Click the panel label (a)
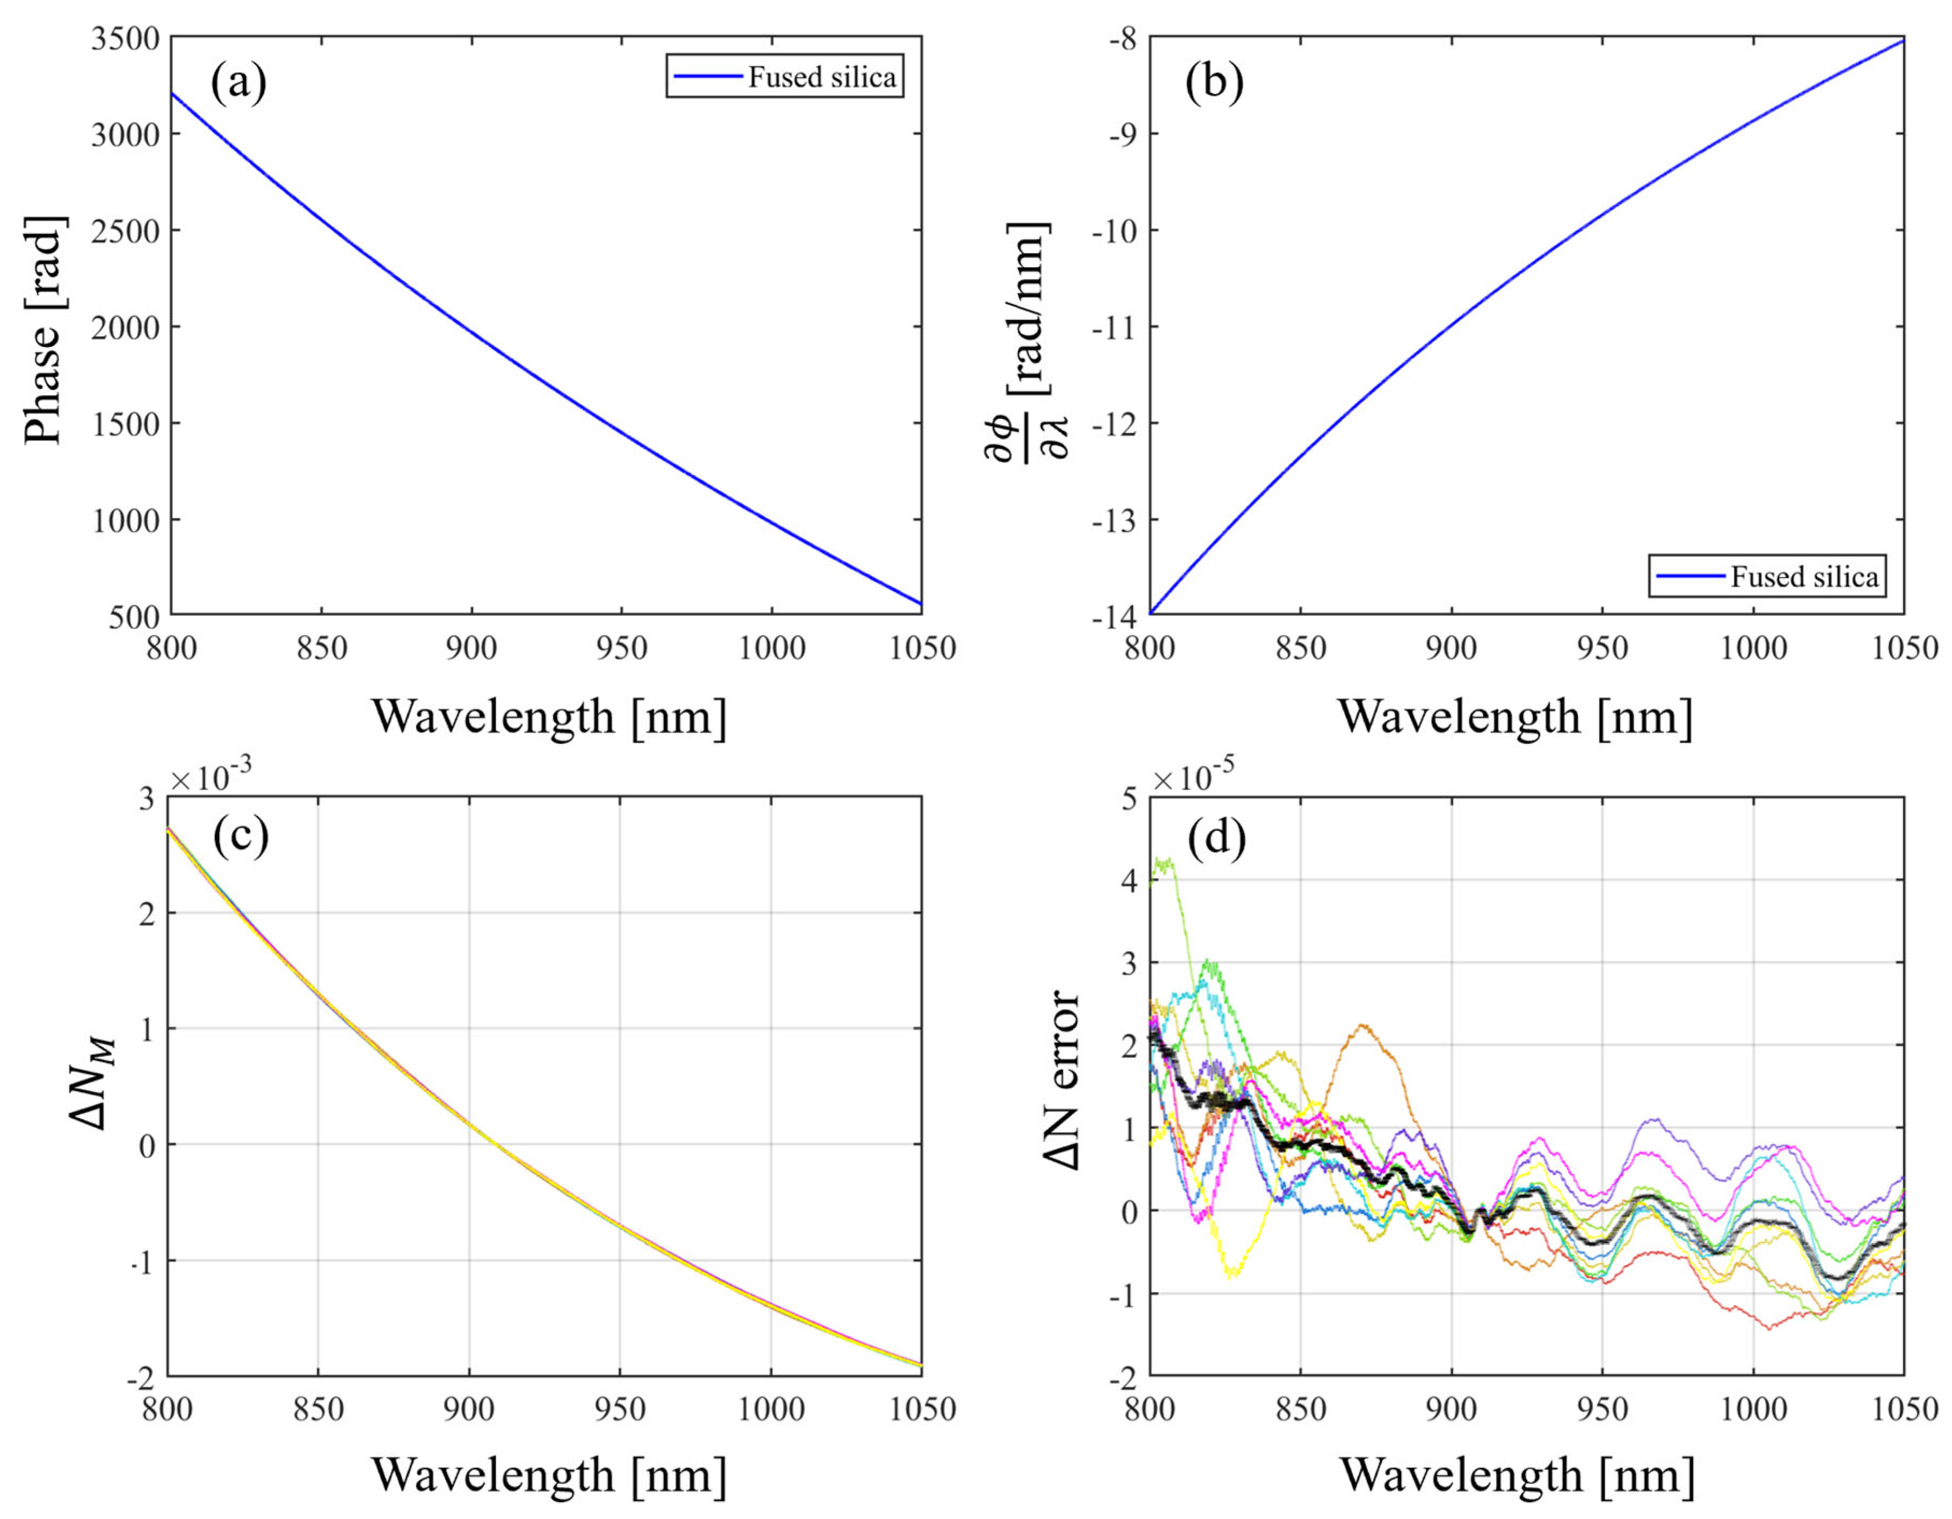238,82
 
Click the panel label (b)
1214,82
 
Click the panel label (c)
241,837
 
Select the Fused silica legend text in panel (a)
821,78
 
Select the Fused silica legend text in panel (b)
1803,577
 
